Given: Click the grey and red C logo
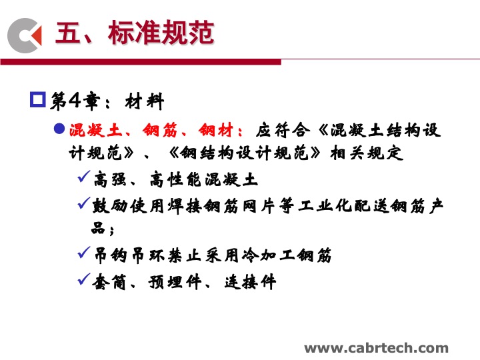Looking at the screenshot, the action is click(25, 35).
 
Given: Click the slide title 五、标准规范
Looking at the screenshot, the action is click(135, 32).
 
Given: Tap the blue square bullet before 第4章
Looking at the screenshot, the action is click(37, 99).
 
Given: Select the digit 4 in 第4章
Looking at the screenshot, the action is click(75, 100).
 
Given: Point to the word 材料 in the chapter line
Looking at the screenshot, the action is click(145, 101).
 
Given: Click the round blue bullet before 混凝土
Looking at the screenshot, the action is click(59, 129).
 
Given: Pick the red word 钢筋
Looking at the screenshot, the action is click(160, 130).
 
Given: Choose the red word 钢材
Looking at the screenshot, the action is click(216, 130).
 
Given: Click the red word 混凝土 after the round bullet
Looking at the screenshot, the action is click(95, 130).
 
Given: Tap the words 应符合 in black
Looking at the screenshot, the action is click(283, 130).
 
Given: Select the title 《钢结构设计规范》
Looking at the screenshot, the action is click(244, 153).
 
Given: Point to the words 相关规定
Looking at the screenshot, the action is click(367, 153).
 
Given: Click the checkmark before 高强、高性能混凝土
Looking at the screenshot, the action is click(84, 177).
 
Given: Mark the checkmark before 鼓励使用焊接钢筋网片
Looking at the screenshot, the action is click(84, 203).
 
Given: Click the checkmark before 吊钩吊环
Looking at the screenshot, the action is click(84, 252).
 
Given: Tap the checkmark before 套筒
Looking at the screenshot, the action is click(84, 279).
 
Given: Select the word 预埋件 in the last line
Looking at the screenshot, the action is click(175, 282).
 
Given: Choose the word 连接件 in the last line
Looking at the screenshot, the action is click(250, 282).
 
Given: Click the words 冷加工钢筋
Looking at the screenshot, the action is click(287, 255).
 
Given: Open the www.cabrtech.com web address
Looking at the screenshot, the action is click(376, 348).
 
